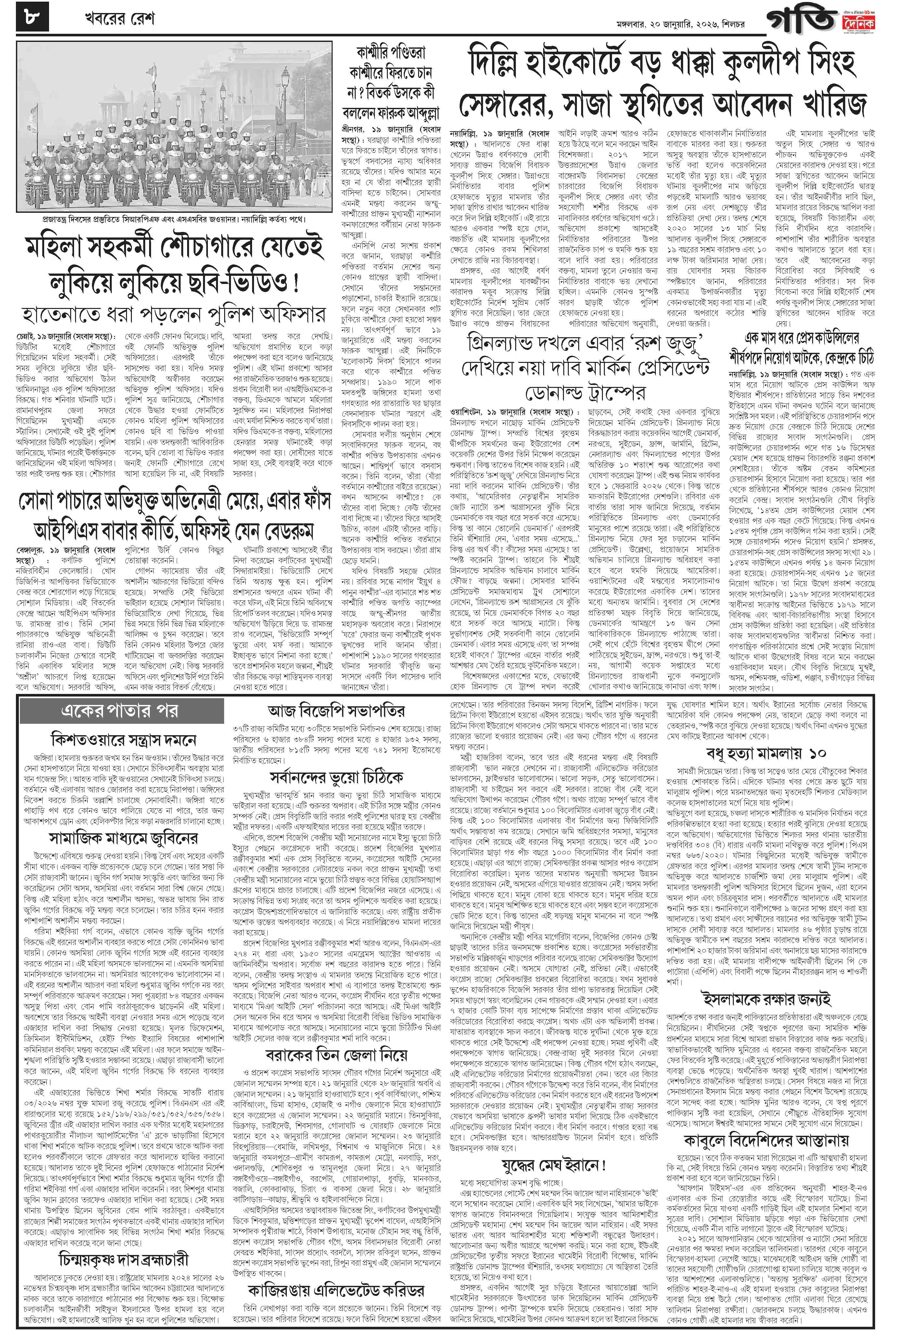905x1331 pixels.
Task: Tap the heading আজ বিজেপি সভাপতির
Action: pyautogui.click(x=336, y=711)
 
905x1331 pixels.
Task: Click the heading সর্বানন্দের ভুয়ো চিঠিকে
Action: pyautogui.click(x=336, y=777)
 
